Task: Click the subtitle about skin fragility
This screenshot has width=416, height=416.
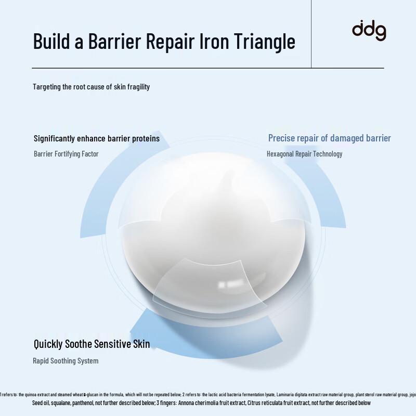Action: tap(92, 87)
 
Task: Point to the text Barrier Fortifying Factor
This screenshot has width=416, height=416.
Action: tap(66, 154)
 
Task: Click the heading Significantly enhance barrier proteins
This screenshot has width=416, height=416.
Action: tap(97, 138)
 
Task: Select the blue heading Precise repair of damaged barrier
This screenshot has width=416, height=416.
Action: tap(329, 138)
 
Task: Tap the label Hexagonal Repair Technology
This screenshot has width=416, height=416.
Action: tap(304, 154)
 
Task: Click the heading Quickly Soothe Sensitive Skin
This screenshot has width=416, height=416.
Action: tap(92, 344)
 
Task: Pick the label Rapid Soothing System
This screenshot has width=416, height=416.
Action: tap(66, 361)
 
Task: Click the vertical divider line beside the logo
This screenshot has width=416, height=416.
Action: tap(311, 34)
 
